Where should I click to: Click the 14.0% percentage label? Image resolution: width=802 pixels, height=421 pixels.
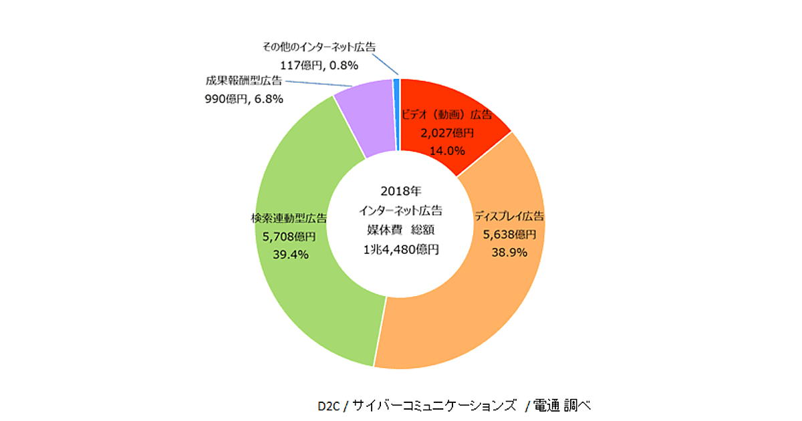[x=446, y=150]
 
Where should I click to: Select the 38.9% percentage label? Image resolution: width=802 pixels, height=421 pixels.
[x=509, y=252]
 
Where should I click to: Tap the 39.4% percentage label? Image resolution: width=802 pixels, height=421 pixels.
[x=290, y=254]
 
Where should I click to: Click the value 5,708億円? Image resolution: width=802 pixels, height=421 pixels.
[x=289, y=236]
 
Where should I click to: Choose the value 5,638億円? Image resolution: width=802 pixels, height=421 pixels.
[x=509, y=235]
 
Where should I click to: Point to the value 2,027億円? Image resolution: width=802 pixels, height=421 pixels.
[x=446, y=133]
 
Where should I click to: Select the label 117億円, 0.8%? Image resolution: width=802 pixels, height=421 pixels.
[x=319, y=65]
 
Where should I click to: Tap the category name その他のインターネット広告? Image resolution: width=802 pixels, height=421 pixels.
[x=319, y=47]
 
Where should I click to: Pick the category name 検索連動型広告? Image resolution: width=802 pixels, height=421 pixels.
[x=289, y=218]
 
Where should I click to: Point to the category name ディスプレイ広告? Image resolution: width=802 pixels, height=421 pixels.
[x=509, y=217]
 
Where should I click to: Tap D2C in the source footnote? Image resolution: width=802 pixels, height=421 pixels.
[x=329, y=405]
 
